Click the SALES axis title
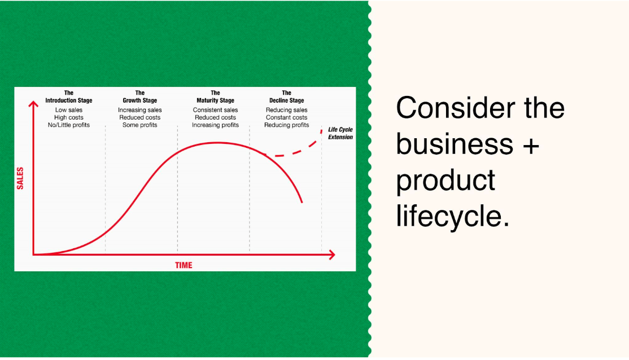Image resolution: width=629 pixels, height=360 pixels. (20, 178)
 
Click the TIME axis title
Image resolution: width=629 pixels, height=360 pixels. (184, 265)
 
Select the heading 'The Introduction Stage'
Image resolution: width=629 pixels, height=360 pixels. (69, 96)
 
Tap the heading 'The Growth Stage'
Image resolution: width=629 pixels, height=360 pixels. (140, 96)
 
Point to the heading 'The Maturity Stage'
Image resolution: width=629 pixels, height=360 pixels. (215, 96)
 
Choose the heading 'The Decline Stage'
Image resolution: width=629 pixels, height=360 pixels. (287, 96)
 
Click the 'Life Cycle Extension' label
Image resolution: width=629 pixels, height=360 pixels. (340, 133)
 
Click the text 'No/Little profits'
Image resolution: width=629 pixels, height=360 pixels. (69, 125)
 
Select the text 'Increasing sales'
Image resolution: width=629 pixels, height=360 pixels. (140, 110)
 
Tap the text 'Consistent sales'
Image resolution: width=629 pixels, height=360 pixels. (215, 110)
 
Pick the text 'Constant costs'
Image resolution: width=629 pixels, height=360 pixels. (287, 117)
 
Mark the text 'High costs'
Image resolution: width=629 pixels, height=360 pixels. (69, 117)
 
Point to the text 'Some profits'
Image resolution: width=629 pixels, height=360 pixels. (140, 125)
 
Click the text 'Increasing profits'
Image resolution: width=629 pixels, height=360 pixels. (215, 125)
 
